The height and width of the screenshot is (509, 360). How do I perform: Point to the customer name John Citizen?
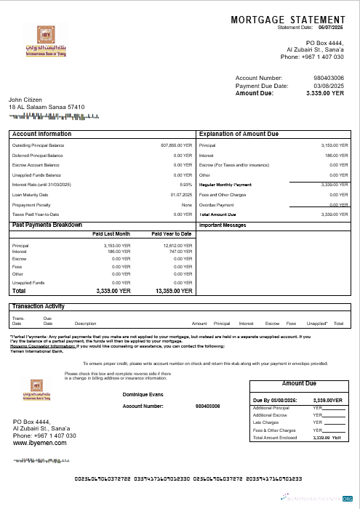tap(25, 99)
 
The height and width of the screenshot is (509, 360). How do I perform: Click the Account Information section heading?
tap(42, 135)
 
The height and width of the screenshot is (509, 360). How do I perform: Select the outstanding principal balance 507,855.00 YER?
tap(176, 145)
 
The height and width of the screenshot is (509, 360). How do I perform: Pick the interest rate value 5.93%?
tap(185, 185)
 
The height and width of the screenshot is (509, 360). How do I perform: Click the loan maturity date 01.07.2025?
tap(181, 195)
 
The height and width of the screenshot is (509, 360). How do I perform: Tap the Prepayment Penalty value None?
tap(186, 204)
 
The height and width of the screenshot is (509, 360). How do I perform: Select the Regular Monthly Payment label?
tap(225, 185)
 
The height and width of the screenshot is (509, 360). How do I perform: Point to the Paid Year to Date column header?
tap(172, 233)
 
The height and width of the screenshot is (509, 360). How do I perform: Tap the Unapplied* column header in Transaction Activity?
tap(316, 323)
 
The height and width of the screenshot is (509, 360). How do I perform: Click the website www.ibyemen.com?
tap(40, 442)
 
